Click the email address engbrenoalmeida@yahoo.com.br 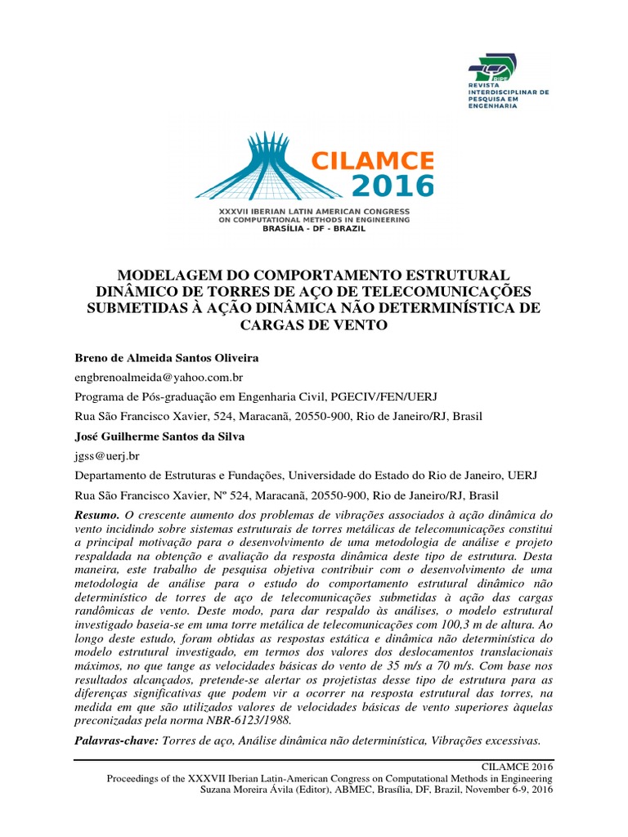pos(159,378)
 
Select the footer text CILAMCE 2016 pos(520,767)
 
